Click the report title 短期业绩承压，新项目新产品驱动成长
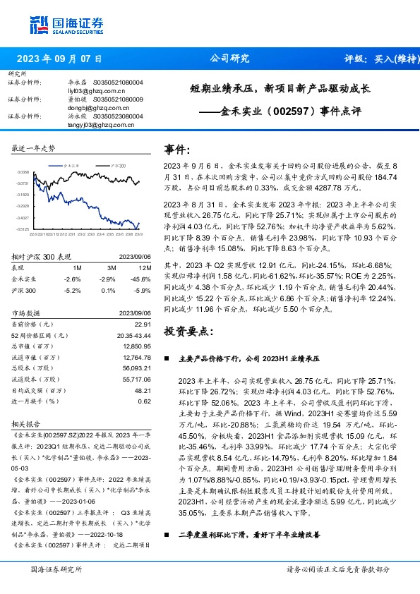click(x=280, y=90)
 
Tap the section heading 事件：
click(x=177, y=150)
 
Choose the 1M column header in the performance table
click(x=77, y=269)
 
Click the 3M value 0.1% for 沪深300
click(x=109, y=289)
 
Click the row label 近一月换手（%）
click(x=34, y=401)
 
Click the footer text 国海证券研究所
click(x=56, y=569)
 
